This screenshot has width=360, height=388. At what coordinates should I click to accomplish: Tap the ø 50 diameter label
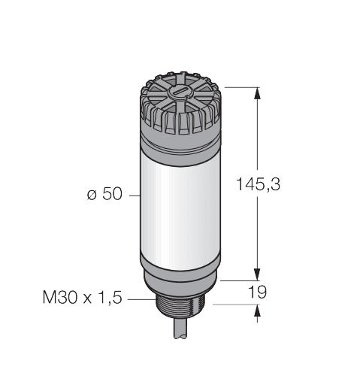pos(102,195)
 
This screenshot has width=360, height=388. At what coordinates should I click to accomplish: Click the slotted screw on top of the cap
pos(179,92)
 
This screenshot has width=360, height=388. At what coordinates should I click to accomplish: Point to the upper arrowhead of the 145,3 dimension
pos(258,93)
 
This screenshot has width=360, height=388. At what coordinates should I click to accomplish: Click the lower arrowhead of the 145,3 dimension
pos(258,274)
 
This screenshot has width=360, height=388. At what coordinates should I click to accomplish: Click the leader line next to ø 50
pos(133,195)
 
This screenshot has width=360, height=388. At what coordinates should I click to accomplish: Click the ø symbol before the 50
pos(91,196)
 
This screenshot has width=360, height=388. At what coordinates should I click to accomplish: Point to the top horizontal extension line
pos(238,86)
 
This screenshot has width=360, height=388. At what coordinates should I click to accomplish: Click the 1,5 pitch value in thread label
pos(112,299)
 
